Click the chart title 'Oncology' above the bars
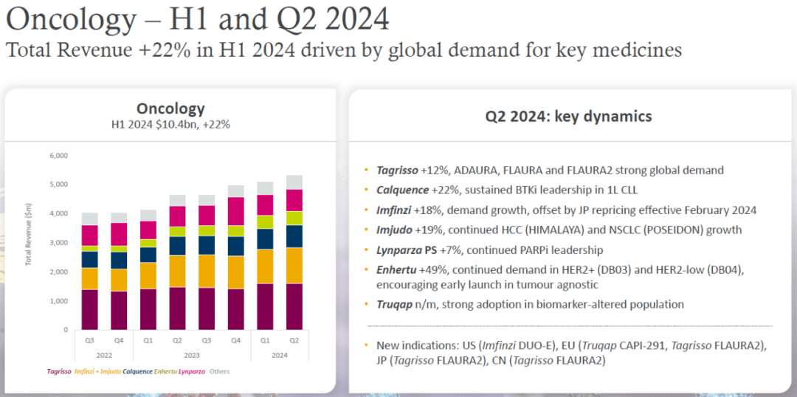point(170,108)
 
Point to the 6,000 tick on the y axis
point(58,156)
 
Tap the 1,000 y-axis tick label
point(58,301)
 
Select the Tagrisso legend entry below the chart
point(58,371)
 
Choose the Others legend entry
point(219,371)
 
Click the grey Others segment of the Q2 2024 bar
point(293,182)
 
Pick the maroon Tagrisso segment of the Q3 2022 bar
point(89,309)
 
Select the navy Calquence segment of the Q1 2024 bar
point(265,239)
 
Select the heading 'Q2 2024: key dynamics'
point(568,117)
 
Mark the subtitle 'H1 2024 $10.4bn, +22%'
point(170,125)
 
